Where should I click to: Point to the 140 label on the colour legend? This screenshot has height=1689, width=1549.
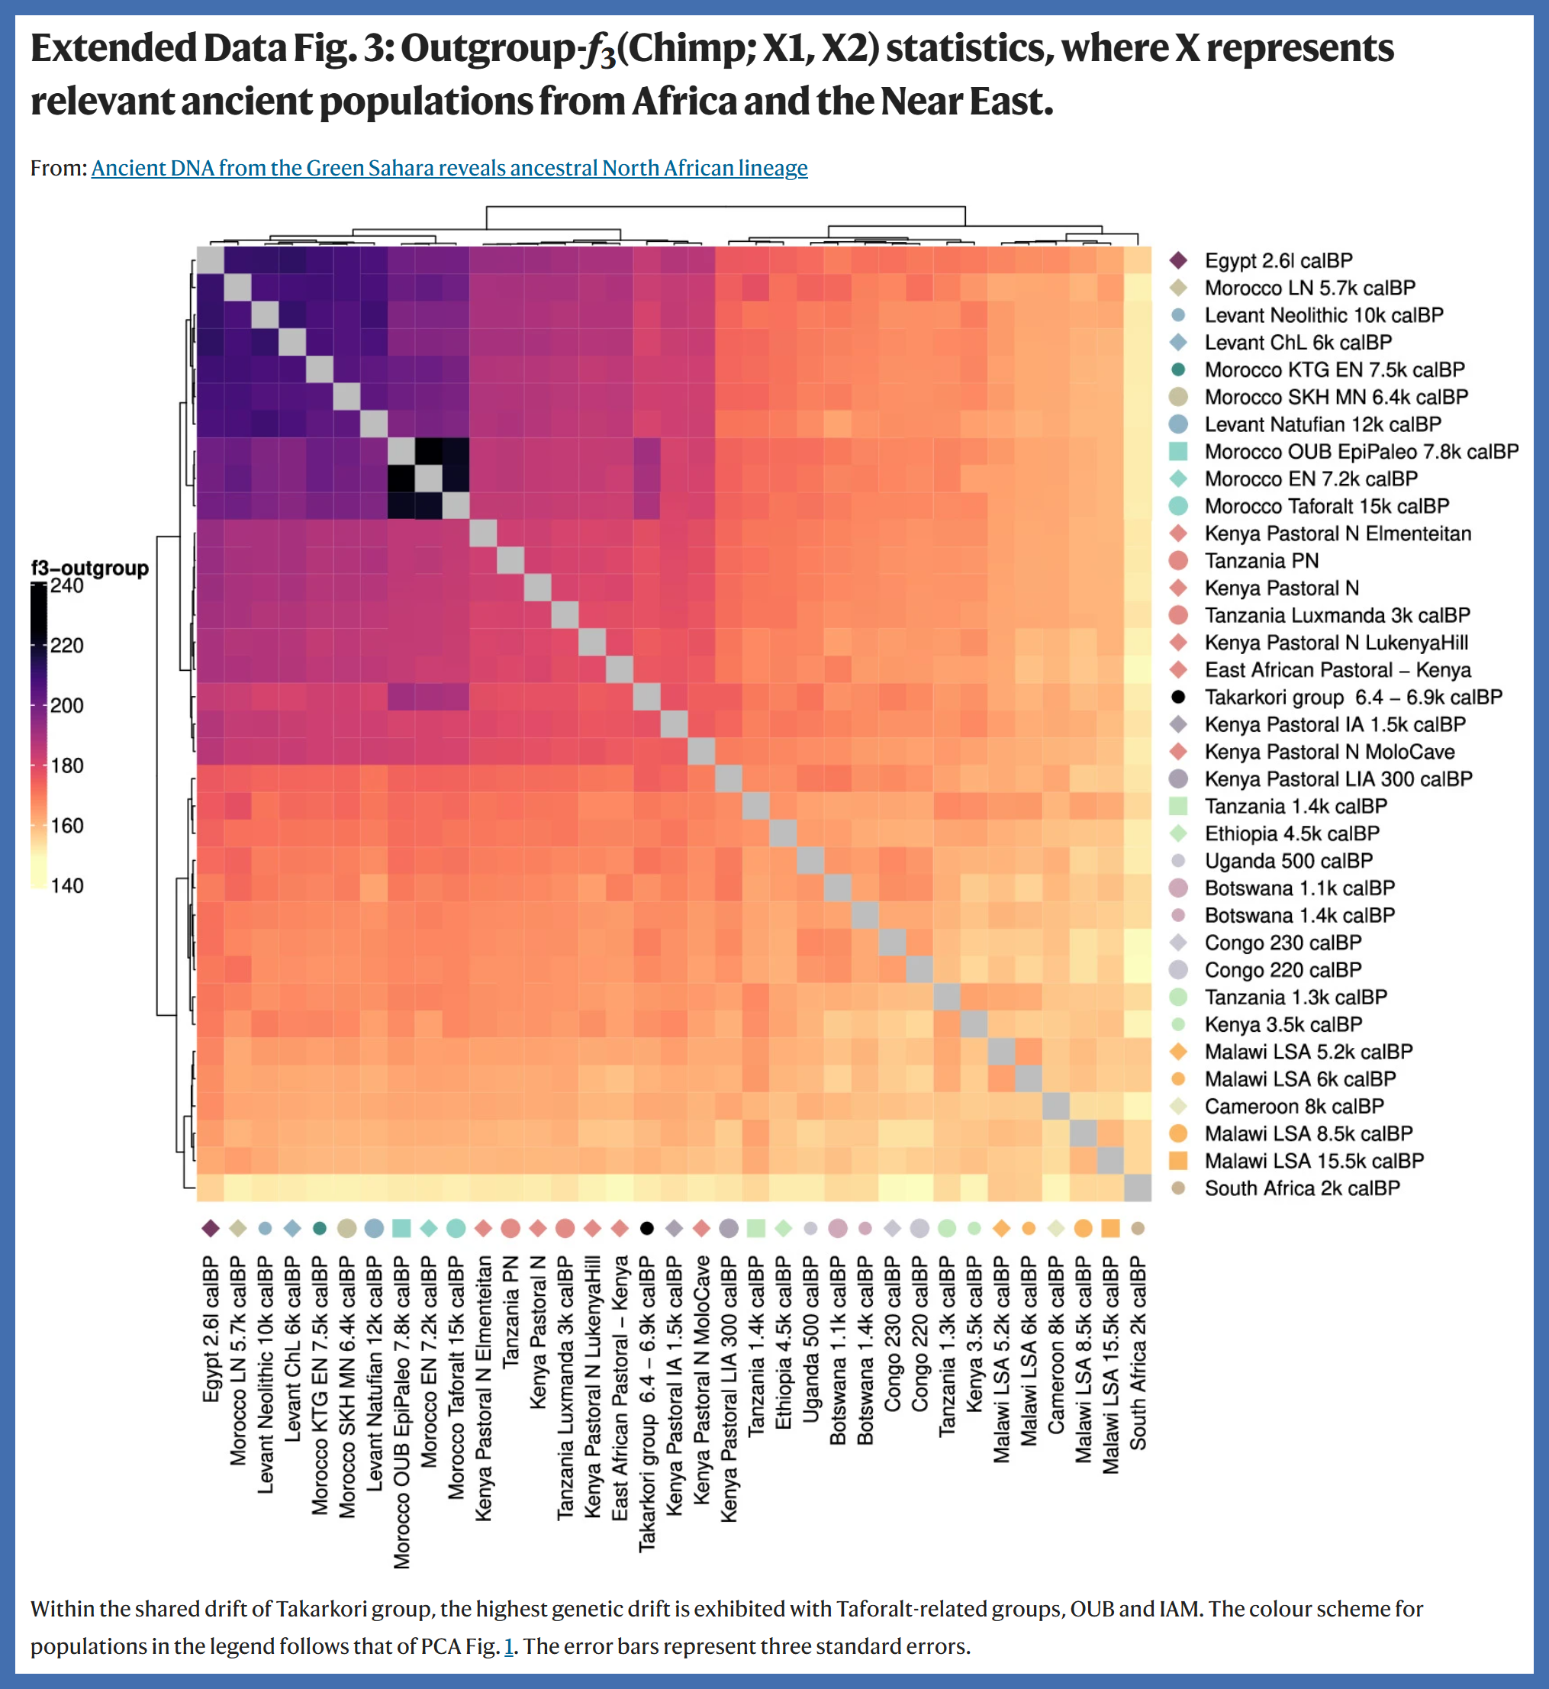coord(66,886)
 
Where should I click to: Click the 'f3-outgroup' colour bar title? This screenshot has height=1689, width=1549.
coord(90,568)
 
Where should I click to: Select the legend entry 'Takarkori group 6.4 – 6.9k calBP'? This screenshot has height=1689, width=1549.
coord(1352,698)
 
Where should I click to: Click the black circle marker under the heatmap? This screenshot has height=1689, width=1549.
coord(646,1228)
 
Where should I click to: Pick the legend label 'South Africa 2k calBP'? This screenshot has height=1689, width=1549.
coord(1302,1188)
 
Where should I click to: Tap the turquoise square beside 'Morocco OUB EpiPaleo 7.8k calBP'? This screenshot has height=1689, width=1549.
coord(1177,452)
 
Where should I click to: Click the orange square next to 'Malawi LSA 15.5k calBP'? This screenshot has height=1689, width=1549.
coord(1177,1161)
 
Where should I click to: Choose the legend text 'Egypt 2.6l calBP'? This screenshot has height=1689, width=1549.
coord(1278,261)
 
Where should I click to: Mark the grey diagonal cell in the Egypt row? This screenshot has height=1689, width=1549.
coord(211,259)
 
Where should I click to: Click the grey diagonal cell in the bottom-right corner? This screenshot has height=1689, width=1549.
coord(1138,1188)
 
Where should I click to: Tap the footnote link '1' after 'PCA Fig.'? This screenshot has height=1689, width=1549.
coord(508,1646)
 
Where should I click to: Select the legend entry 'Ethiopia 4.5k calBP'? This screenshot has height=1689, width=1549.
coord(1292,833)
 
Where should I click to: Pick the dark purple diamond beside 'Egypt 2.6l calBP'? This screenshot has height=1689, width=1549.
coord(1177,261)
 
